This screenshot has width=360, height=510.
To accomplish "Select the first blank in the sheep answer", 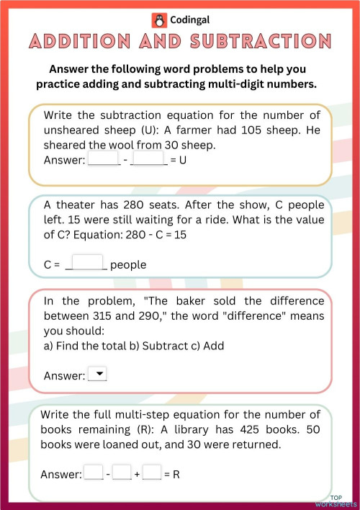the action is tap(103, 158).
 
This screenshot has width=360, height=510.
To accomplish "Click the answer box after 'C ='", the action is tap(89, 263).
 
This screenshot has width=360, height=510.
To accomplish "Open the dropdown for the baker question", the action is tap(96, 374).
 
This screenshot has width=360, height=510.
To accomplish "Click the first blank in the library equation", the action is tap(94, 473).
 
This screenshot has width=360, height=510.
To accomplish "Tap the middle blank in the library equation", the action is tap(122, 473).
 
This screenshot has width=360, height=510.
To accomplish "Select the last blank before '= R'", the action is tap(151, 473).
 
